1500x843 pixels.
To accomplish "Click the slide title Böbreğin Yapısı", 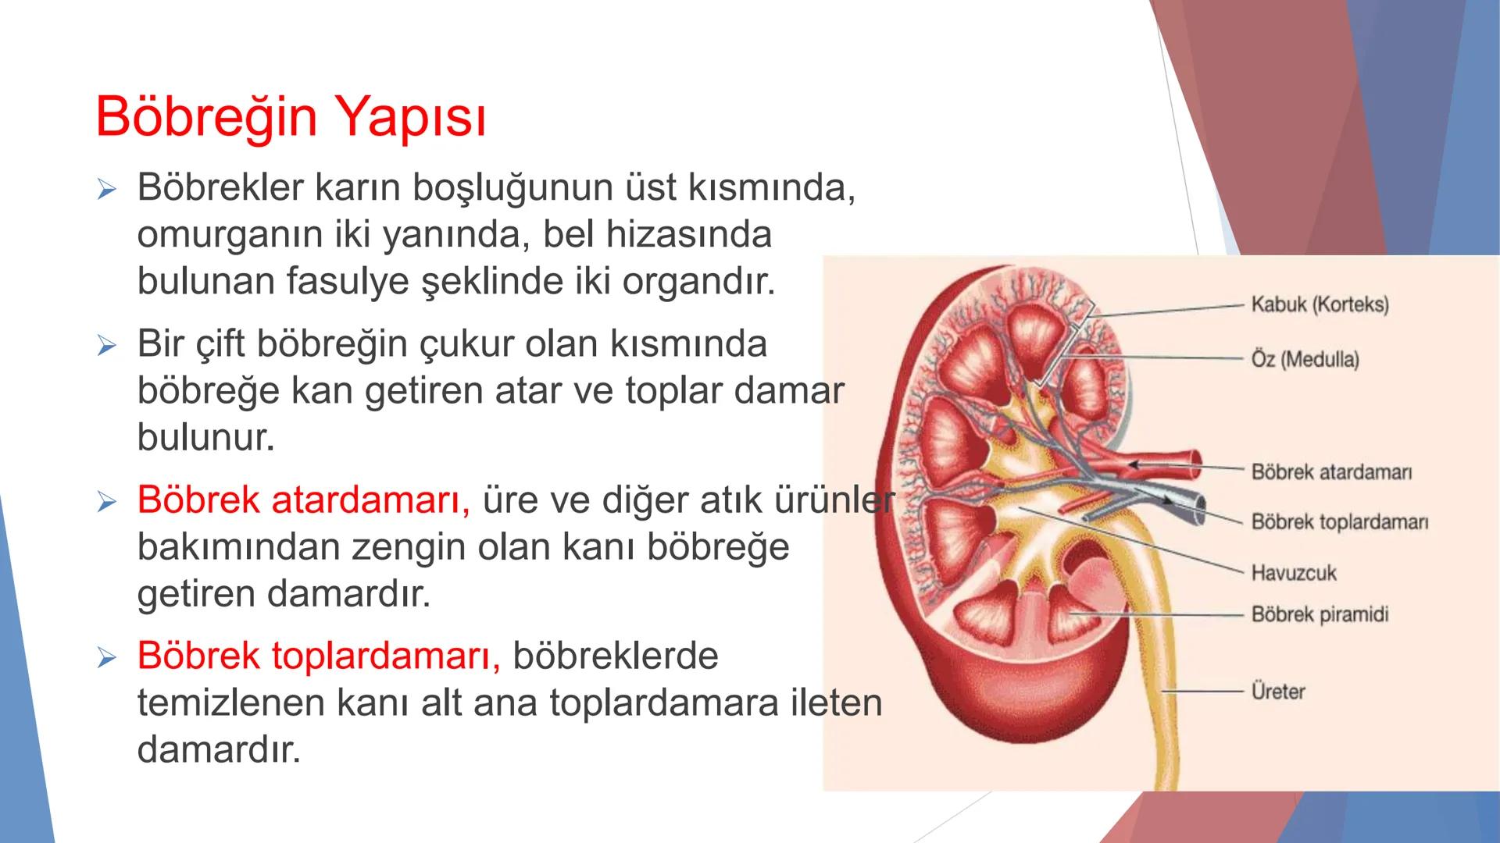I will (291, 117).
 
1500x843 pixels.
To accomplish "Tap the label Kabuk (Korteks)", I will (1320, 304).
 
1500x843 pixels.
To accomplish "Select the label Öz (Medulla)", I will (1305, 360).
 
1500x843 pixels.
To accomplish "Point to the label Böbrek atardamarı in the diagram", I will (1331, 472).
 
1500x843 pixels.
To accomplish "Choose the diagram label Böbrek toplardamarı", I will (1339, 522).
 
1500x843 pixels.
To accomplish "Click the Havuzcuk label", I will (1293, 573).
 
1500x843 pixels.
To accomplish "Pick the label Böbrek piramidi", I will (1320, 614).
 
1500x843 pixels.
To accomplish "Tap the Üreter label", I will (1278, 692).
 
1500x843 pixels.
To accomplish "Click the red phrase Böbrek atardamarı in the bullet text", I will (303, 500).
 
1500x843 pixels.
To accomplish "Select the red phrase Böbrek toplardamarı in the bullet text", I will (318, 656).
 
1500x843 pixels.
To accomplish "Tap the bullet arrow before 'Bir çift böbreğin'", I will (106, 345).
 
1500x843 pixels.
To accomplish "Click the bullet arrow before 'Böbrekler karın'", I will (106, 189).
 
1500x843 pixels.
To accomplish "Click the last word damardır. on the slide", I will (219, 750).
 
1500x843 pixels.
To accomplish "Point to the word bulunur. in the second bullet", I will (206, 438).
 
